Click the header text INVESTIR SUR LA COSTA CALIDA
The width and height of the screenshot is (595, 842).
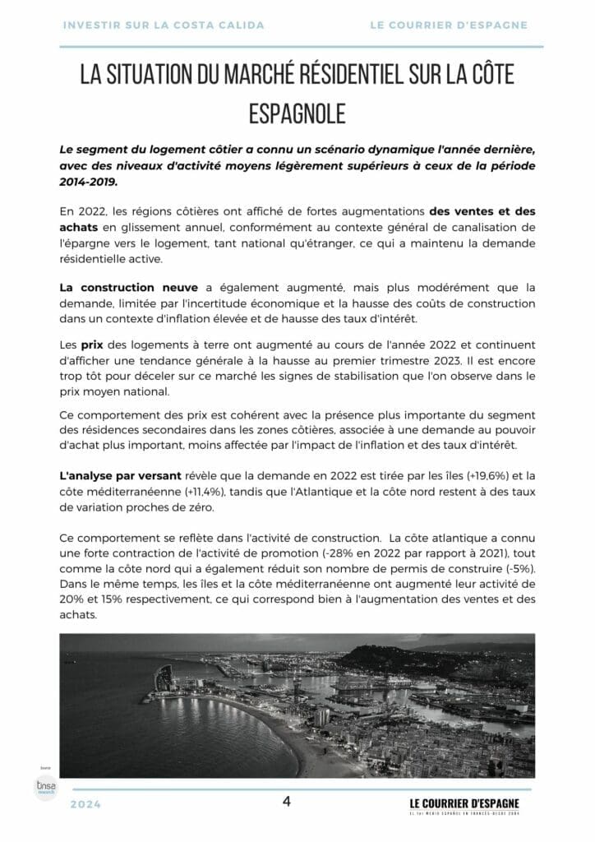tap(164, 25)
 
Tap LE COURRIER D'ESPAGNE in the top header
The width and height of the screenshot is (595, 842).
tap(449, 25)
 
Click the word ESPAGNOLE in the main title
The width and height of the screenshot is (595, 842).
tap(297, 113)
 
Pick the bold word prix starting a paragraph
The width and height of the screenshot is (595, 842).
tap(91, 345)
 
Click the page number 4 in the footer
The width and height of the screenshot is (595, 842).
tap(287, 802)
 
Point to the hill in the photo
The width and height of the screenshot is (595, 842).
tap(386, 658)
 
